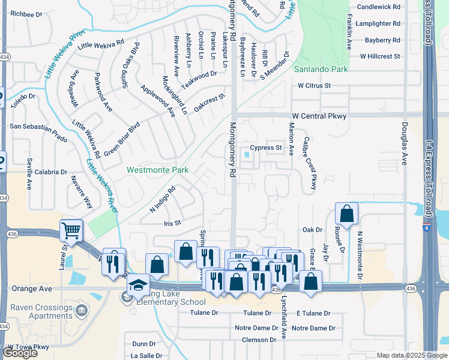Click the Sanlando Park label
point(321,70)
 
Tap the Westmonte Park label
point(158,170)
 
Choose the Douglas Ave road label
point(404,142)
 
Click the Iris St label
point(172,223)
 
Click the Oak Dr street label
point(312,230)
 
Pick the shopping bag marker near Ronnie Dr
point(347,214)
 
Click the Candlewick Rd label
point(378,7)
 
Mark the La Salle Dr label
point(147,355)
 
